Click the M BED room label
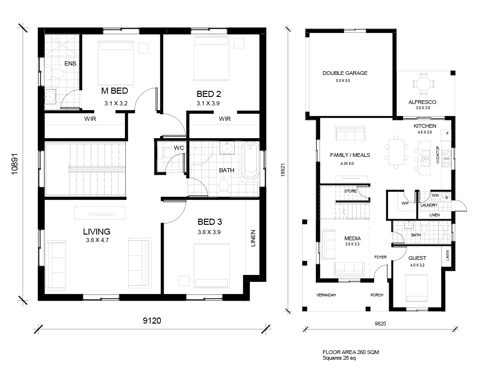(115, 91)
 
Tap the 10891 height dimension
(15, 164)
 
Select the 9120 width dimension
(152, 320)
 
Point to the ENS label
(70, 64)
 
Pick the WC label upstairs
(179, 148)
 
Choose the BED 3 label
(210, 222)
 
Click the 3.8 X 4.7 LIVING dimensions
(97, 240)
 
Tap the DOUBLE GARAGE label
(345, 73)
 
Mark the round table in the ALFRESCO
(423, 83)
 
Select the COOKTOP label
(437, 155)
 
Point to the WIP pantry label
(405, 203)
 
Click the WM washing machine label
(435, 195)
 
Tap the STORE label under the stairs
(350, 191)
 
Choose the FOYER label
(380, 257)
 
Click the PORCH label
(377, 295)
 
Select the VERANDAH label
(326, 295)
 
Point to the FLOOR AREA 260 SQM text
(351, 352)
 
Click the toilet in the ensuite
(57, 73)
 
